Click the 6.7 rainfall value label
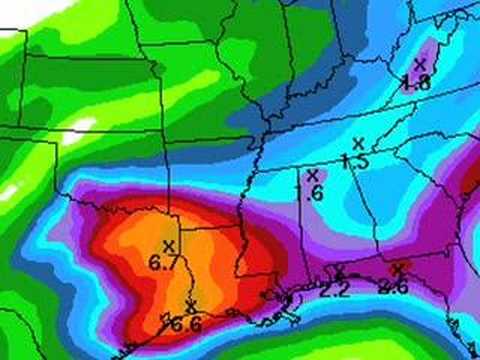point(162,262)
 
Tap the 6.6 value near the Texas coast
point(185,323)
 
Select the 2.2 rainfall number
point(335,290)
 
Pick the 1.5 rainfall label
point(355,160)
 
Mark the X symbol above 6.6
point(190,306)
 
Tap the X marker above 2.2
point(339,271)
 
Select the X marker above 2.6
point(398,268)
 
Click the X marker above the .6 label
point(314,177)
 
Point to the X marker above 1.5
point(357,143)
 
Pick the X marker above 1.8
point(420,63)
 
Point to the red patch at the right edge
point(472,185)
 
